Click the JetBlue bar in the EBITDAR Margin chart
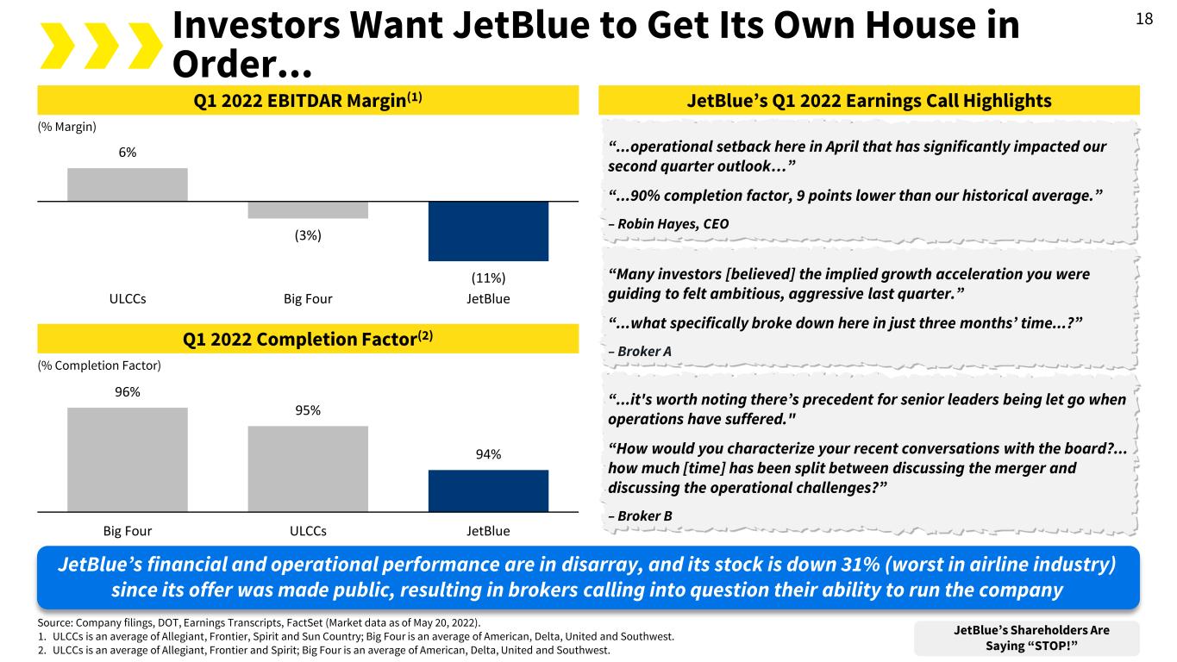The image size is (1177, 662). [488, 230]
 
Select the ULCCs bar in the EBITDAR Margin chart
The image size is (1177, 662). [127, 184]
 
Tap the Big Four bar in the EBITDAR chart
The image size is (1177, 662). [308, 209]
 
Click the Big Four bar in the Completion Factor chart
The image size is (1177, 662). [127, 459]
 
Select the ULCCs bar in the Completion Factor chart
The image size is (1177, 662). [308, 468]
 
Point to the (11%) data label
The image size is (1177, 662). [488, 278]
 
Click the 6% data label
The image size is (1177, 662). [127, 152]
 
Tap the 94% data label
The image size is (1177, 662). [488, 454]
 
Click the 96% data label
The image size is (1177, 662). [127, 392]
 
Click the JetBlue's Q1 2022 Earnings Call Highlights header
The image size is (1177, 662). [868, 101]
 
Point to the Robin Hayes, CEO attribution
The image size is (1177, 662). [668, 223]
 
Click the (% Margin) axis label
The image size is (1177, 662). [67, 127]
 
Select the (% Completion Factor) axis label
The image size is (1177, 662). [98, 365]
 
